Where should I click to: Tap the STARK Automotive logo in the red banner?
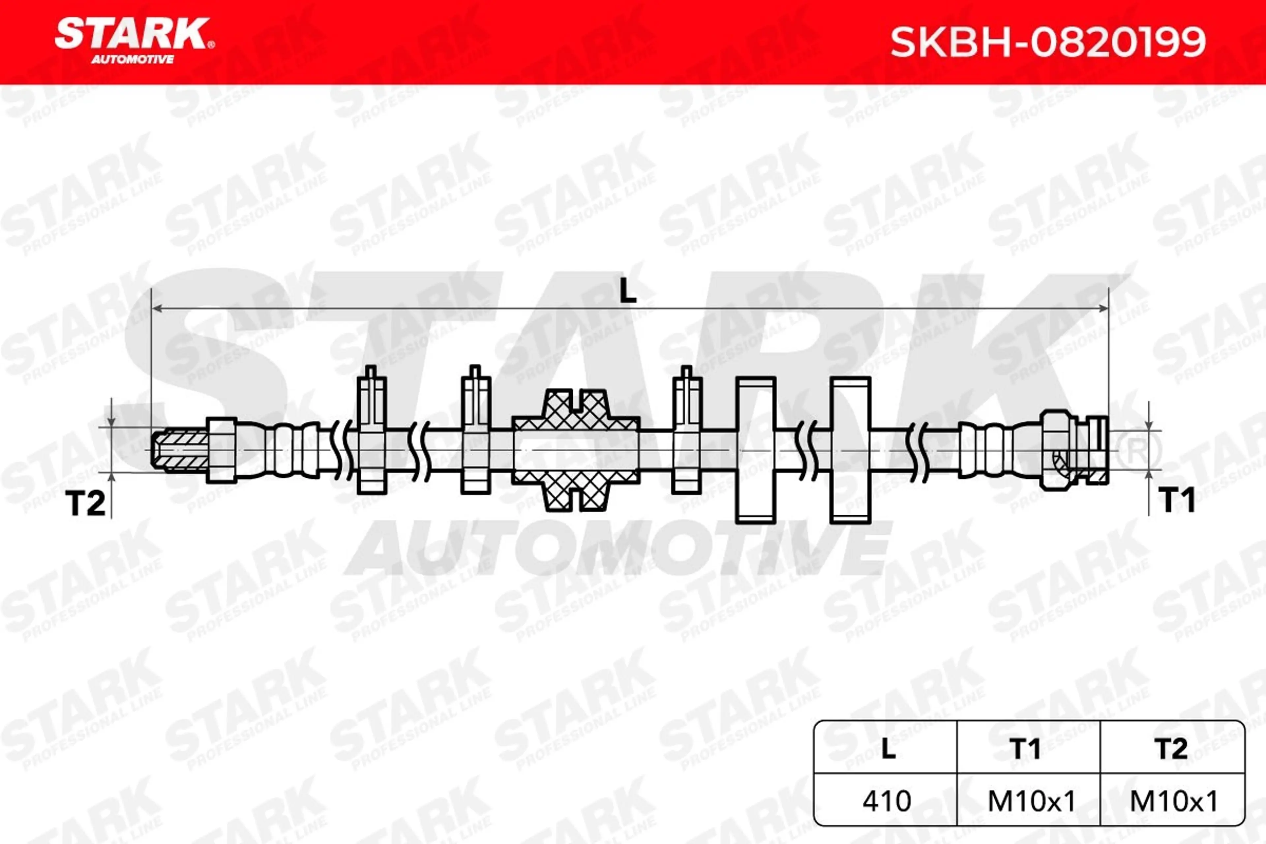pyautogui.click(x=135, y=41)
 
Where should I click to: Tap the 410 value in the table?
pyautogui.click(x=887, y=801)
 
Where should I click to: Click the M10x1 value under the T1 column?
pyautogui.click(x=1031, y=801)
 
